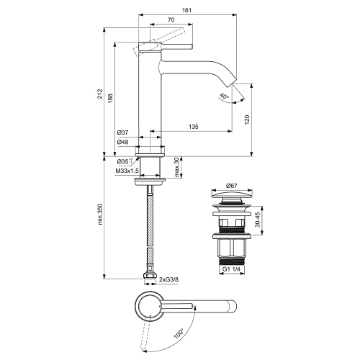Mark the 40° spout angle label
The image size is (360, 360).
pyautogui.click(x=224, y=96)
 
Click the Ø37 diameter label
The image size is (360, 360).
pyautogui.click(x=123, y=133)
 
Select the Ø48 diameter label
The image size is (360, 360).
pyautogui.click(x=123, y=142)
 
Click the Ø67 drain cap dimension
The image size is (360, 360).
pyautogui.click(x=232, y=186)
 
